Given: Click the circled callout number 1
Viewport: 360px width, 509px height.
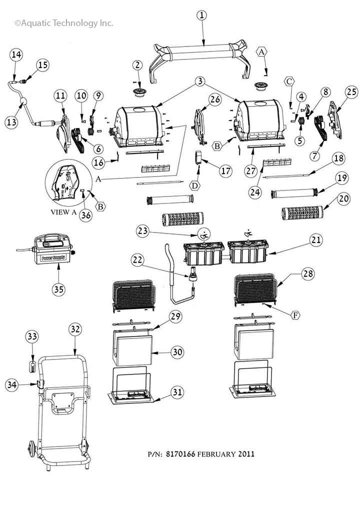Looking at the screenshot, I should [x=202, y=15].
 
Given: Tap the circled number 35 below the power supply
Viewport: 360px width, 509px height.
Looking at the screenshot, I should [x=58, y=288].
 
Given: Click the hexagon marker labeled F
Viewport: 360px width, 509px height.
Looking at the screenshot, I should [x=295, y=316].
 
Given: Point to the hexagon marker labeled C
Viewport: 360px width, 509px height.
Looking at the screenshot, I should [x=289, y=81].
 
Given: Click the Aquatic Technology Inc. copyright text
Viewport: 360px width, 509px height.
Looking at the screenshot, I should [x=64, y=23].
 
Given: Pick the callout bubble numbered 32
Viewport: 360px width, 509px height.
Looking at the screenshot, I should [x=75, y=329].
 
